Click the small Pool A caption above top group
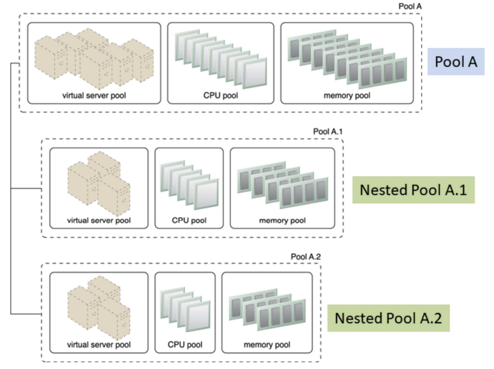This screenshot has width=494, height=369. [408, 5]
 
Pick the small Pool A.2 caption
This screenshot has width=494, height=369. [305, 256]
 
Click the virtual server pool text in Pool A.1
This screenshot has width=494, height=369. [98, 221]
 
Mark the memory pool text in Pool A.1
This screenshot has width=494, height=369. [282, 221]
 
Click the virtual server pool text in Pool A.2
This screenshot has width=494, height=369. [98, 345]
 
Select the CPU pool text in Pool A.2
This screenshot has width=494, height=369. [185, 345]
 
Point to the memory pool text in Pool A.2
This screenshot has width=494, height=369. [267, 345]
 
